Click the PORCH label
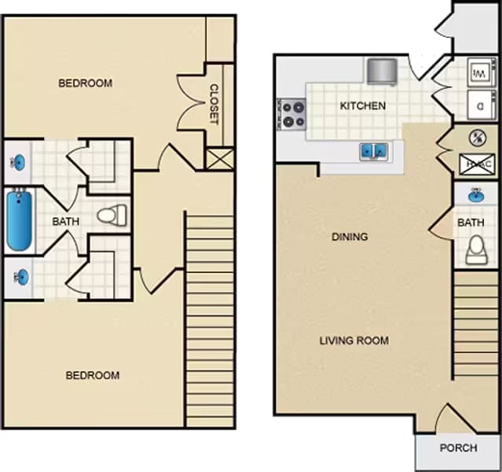458,448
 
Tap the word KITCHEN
362,105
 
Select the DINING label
350,236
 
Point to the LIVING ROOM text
354,341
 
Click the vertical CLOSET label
214,104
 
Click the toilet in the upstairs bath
112,214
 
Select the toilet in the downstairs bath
475,250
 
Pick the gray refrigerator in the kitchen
383,71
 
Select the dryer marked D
478,102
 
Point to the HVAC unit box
476,164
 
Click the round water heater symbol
475,138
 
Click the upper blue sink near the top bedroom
18,162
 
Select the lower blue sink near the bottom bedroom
20,277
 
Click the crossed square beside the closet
219,158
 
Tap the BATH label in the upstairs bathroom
66,222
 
